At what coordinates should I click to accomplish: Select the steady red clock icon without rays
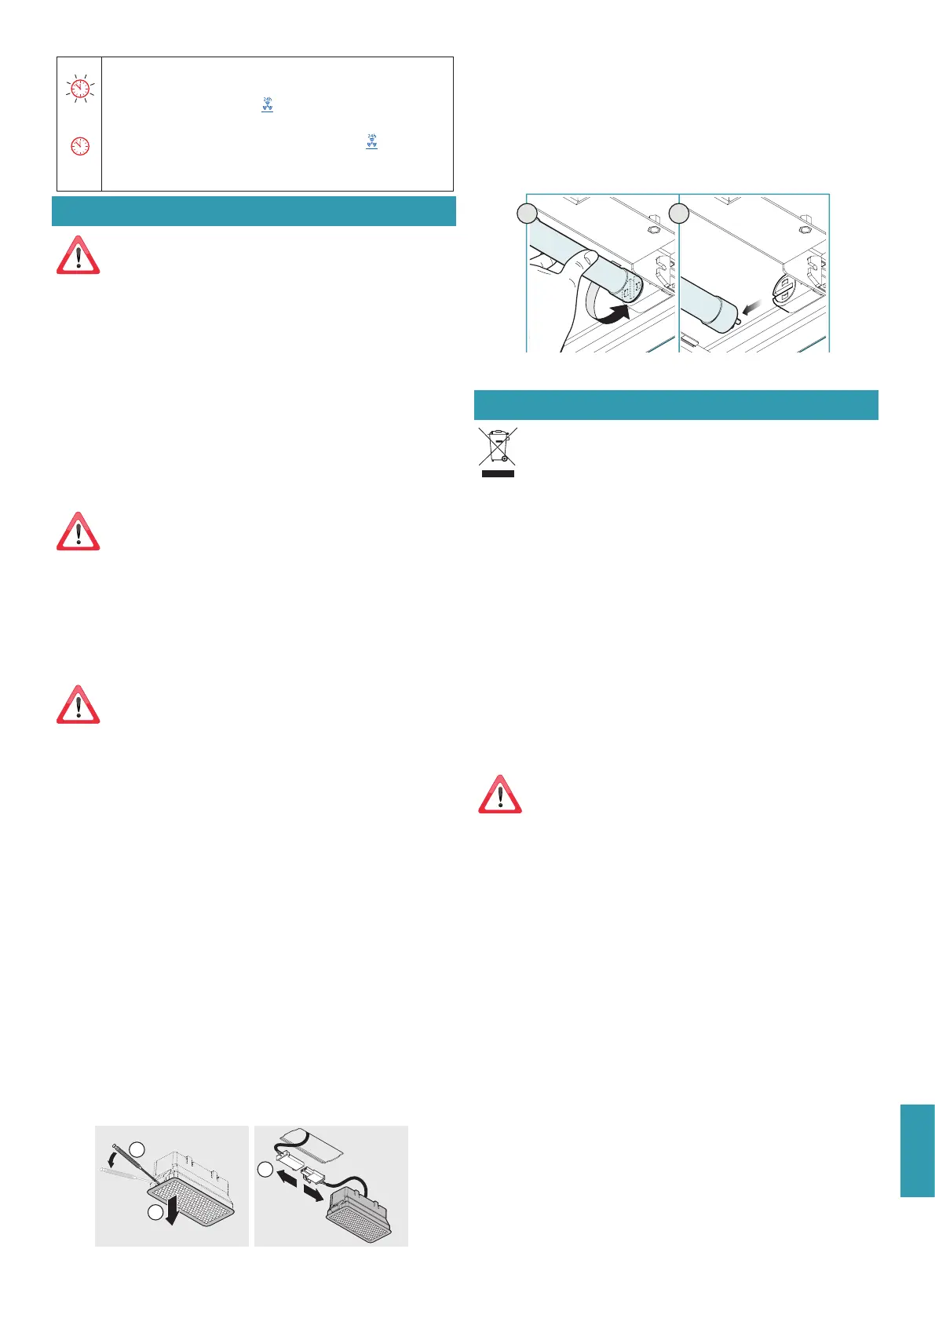(x=79, y=145)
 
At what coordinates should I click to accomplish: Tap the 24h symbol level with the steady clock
(x=371, y=142)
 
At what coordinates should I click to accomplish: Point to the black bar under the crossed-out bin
(x=498, y=473)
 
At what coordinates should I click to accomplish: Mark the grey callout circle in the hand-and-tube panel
(x=528, y=213)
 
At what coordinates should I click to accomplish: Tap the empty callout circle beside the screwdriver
(x=137, y=1149)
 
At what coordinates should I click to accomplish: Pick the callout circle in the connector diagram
(x=265, y=1170)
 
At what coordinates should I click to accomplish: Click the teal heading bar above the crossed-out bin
(x=676, y=405)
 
